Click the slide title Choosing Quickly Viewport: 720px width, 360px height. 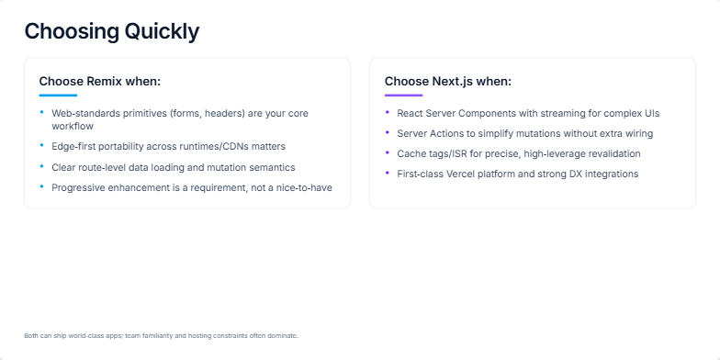pyautogui.click(x=111, y=31)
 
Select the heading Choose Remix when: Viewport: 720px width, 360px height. pyautogui.click(x=99, y=82)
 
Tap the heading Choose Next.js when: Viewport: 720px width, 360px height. pyautogui.click(x=447, y=82)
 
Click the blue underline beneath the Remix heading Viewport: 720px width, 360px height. pyautogui.click(x=58, y=96)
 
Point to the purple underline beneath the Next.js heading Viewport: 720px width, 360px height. pyautogui.click(x=403, y=96)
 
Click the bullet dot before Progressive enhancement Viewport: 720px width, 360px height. pyautogui.click(x=41, y=186)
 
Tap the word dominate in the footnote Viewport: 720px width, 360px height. pyautogui.click(x=280, y=335)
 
